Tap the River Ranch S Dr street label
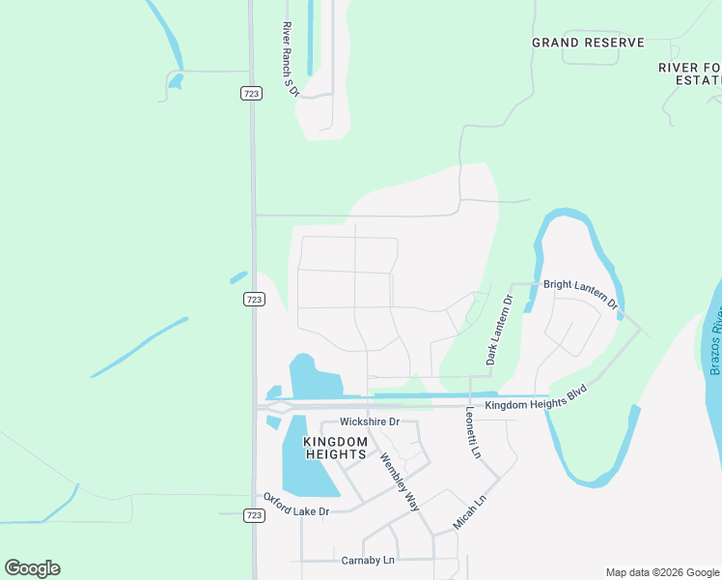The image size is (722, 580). pyautogui.click(x=287, y=57)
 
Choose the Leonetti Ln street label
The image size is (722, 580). pyautogui.click(x=470, y=432)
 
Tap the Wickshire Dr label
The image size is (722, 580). pyautogui.click(x=369, y=422)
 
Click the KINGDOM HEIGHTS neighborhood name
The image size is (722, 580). pyautogui.click(x=335, y=448)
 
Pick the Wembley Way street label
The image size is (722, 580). pyautogui.click(x=399, y=481)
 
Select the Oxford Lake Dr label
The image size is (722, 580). pyautogui.click(x=296, y=504)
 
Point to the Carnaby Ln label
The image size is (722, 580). pyautogui.click(x=368, y=560)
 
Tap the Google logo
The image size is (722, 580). pyautogui.click(x=32, y=568)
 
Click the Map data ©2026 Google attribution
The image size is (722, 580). pyautogui.click(x=662, y=572)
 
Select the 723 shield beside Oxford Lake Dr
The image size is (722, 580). pyautogui.click(x=253, y=516)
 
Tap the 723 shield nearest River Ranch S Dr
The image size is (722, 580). pyautogui.click(x=251, y=93)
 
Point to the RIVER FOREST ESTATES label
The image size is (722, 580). pyautogui.click(x=689, y=73)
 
